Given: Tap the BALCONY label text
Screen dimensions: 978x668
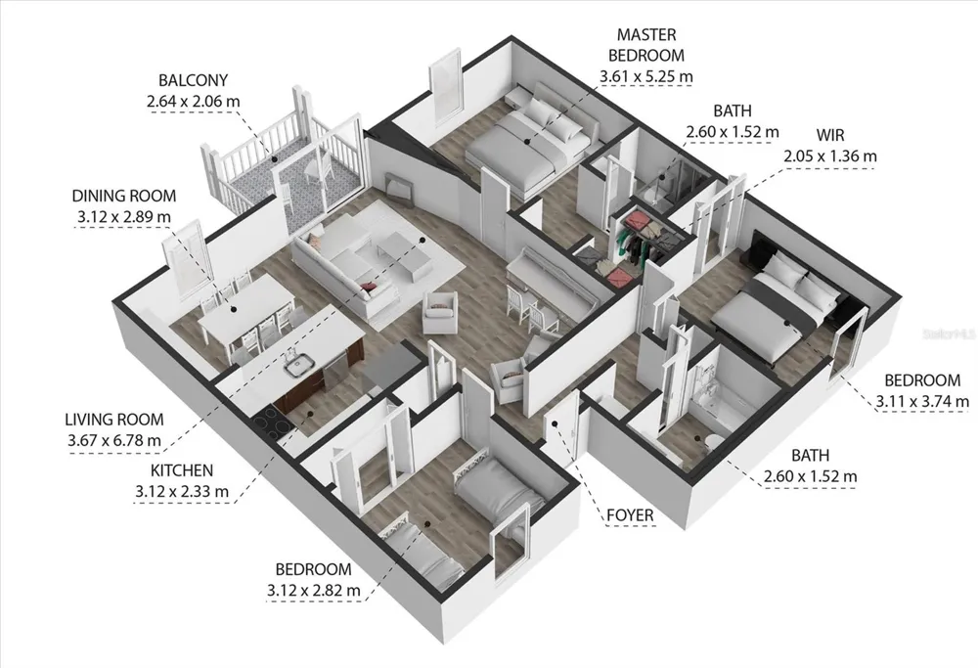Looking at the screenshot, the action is pos(193,80).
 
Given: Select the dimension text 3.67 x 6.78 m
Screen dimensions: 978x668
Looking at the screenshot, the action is pos(114,440).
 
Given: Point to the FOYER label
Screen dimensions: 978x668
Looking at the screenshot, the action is pos(630,515).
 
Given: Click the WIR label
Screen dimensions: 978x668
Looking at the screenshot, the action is pos(829,135).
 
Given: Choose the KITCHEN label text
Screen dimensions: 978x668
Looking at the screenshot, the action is pos(182,470).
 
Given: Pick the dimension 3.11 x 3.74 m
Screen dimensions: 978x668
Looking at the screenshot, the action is pos(922,401).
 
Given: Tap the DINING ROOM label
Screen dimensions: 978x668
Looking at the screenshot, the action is pos(124,196).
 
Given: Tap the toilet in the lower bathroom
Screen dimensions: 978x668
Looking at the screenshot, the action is pos(713,443).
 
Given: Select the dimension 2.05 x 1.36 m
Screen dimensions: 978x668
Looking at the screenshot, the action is pos(829,156).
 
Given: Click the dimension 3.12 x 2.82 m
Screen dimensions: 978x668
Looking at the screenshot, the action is pos(313,590).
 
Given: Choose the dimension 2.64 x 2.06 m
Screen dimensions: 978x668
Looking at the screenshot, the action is pos(193,102).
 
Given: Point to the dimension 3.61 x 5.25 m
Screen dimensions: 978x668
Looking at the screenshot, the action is pos(645,76).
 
